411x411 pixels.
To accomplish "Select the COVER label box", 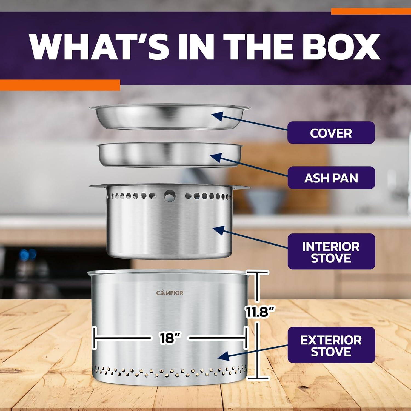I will [331, 133].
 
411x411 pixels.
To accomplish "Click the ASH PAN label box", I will [331, 178].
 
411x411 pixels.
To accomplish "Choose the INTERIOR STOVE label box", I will [331, 252].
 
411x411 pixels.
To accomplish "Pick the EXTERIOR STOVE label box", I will [331, 345].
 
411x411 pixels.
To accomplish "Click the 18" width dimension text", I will [169, 338].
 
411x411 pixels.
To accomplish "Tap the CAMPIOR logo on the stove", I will [170, 293].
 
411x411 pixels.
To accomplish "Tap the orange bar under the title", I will [60, 85].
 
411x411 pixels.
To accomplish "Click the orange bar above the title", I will [371, 11].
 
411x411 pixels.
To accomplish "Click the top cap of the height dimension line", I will [257, 273].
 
